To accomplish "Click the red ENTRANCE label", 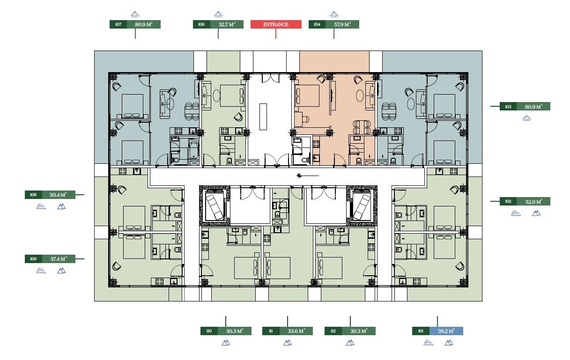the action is click(x=276, y=24).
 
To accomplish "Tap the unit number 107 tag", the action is click(x=118, y=24).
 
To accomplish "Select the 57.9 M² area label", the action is click(x=342, y=24).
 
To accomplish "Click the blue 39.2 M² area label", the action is click(x=446, y=331).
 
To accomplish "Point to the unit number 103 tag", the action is click(x=508, y=107).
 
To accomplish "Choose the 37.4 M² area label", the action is click(x=58, y=259).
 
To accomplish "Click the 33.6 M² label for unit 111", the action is click(x=296, y=331).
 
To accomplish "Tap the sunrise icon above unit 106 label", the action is click(x=218, y=14).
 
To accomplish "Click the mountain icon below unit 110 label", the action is click(x=226, y=343).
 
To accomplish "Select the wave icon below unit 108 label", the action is click(x=41, y=206).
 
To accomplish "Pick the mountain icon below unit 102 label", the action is click(x=536, y=213).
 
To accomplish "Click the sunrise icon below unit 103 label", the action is click(x=526, y=118).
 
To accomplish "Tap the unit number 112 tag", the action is click(x=333, y=331).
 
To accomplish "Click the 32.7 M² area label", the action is click(x=227, y=24).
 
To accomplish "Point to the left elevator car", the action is click(x=215, y=206).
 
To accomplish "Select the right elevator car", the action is click(x=362, y=206).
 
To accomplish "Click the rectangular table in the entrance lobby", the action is click(x=263, y=117).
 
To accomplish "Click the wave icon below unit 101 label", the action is click(x=428, y=343).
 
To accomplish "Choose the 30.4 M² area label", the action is click(x=58, y=195).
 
